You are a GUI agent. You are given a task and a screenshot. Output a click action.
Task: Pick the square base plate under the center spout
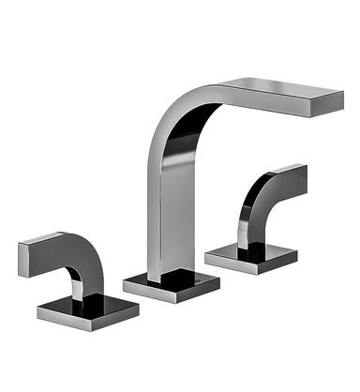(x=172, y=284)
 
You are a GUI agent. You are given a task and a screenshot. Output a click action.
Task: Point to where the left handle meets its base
(x=81, y=298)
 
